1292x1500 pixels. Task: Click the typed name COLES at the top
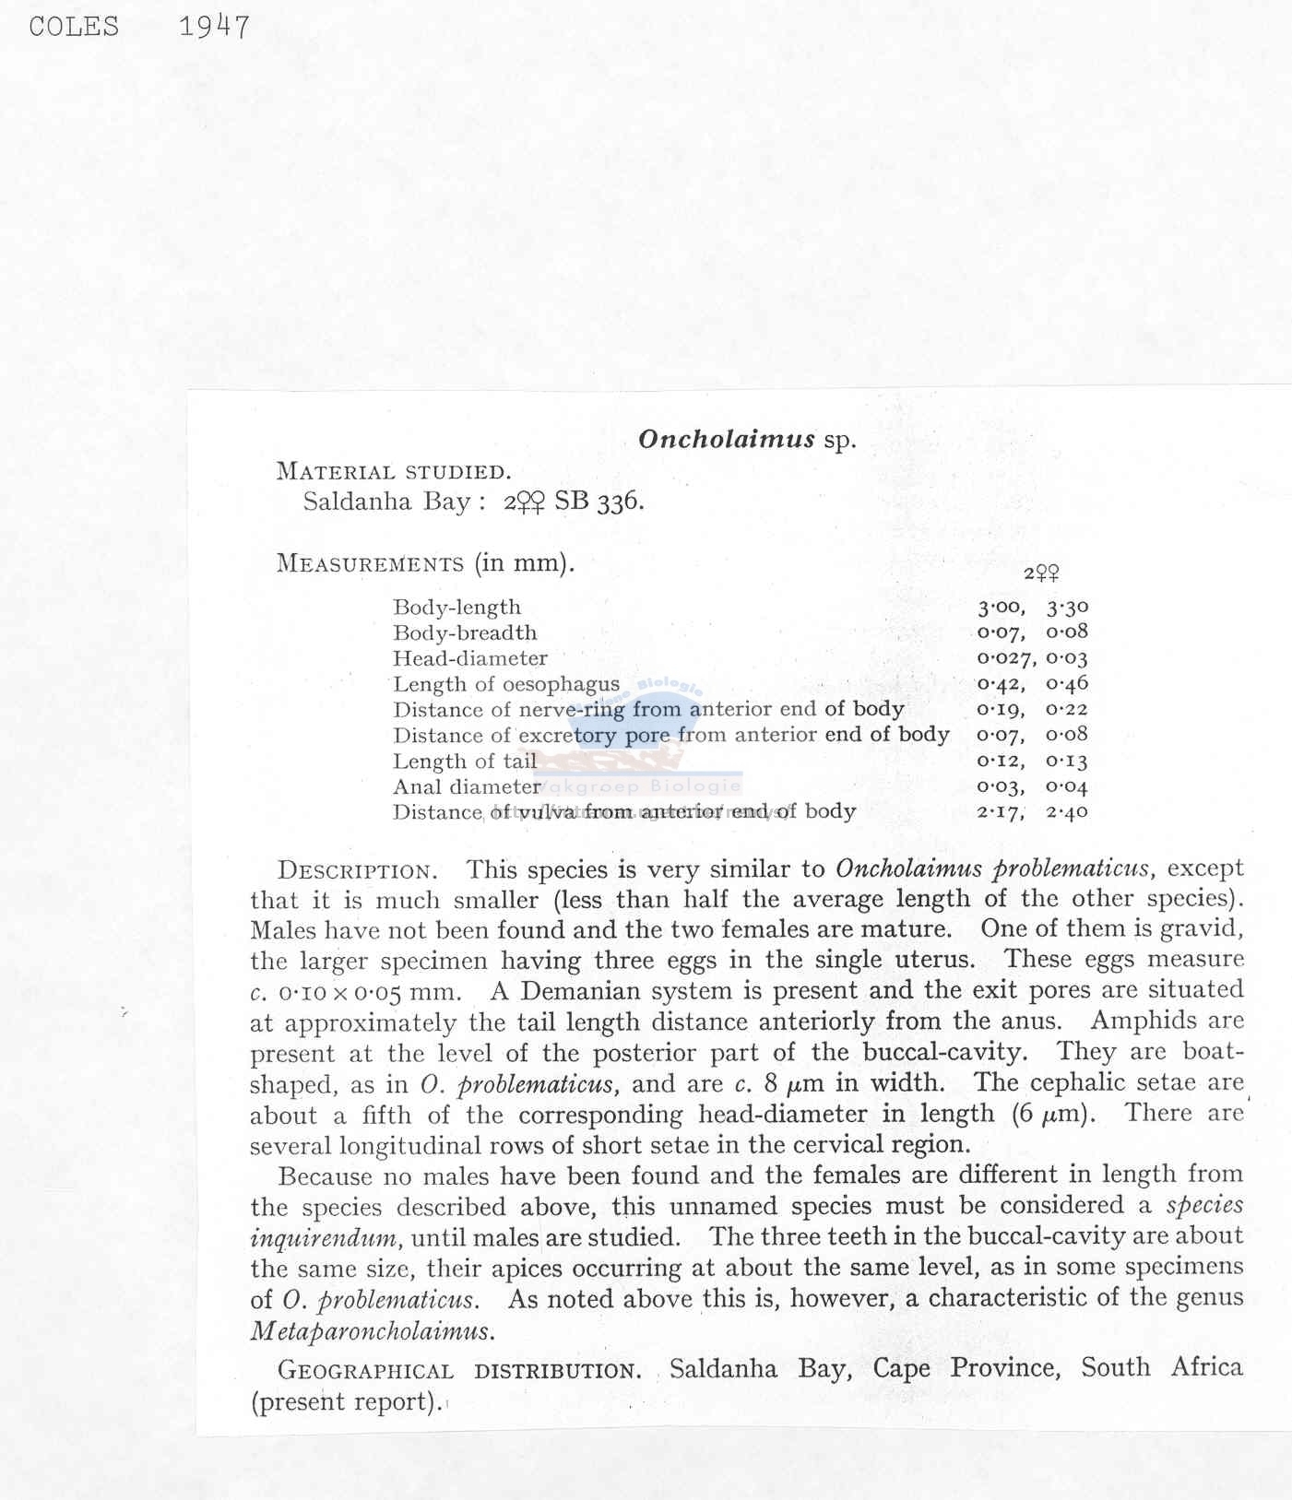pos(74,26)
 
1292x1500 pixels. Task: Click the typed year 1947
pos(214,27)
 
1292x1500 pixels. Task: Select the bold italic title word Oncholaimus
pos(727,439)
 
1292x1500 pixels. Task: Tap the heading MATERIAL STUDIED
pos(394,472)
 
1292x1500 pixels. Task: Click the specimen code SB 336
pos(599,502)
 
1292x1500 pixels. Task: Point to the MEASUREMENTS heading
pos(370,563)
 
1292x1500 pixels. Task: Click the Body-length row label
pos(456,608)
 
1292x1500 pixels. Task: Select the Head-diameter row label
pos(469,658)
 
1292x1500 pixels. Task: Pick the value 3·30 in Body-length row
pos(1067,608)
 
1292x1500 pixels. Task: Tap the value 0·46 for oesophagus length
pos(1067,684)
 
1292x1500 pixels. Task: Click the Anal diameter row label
pos(466,786)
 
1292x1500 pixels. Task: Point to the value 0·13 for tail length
pos(1067,762)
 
